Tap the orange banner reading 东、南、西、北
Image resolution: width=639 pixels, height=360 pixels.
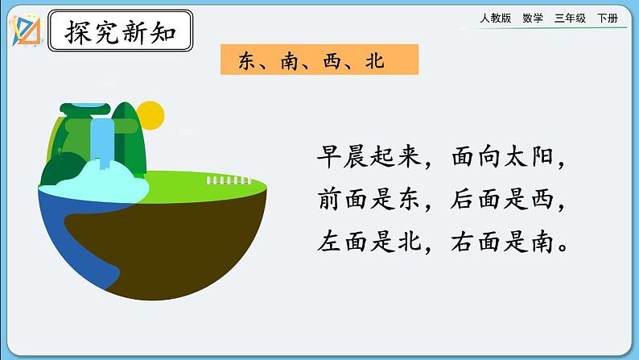[319, 60]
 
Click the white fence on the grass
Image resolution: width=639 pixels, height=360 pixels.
[229, 180]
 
